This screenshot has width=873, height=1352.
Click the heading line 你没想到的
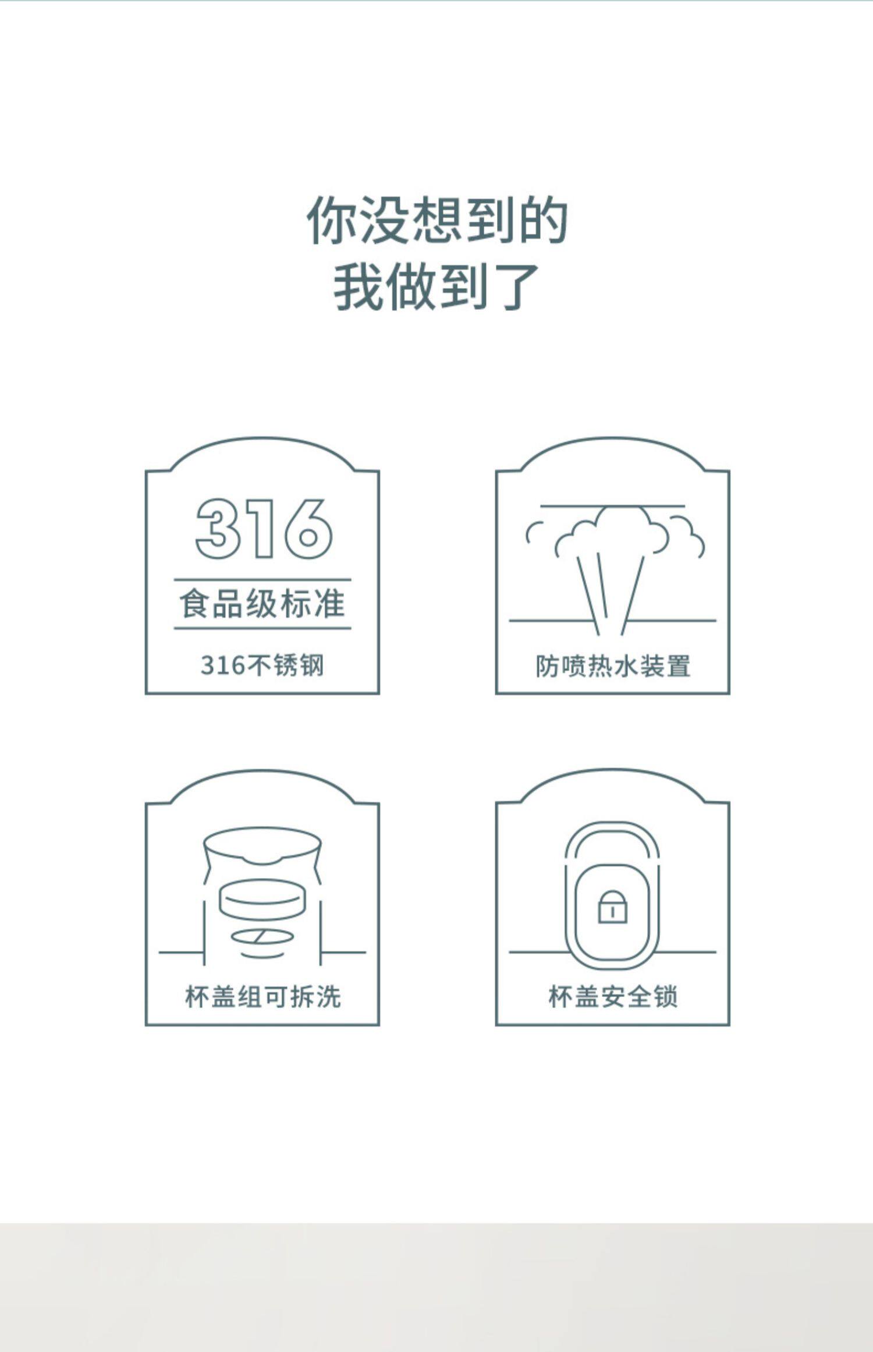pyautogui.click(x=436, y=220)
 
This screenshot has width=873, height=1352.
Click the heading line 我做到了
pyautogui.click(x=436, y=286)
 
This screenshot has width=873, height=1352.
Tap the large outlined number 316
pyautogui.click(x=263, y=529)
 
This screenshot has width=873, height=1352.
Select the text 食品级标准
pyautogui.click(x=262, y=604)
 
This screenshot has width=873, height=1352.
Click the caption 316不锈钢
pyautogui.click(x=262, y=665)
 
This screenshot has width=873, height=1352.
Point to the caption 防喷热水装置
pyautogui.click(x=613, y=666)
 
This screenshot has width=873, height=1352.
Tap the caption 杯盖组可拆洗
pyautogui.click(x=262, y=997)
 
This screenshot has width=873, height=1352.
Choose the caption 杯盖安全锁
pyautogui.click(x=613, y=997)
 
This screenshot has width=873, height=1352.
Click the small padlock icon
pyautogui.click(x=612, y=907)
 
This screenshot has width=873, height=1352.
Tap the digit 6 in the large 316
pyautogui.click(x=308, y=529)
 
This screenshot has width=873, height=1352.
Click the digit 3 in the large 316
pyautogui.click(x=218, y=529)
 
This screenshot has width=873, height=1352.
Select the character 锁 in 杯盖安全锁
pyautogui.click(x=665, y=997)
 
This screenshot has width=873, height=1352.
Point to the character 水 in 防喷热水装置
pyautogui.click(x=626, y=666)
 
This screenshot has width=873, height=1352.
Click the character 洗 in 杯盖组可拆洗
pyautogui.click(x=328, y=997)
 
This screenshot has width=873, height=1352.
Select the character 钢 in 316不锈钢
pyautogui.click(x=311, y=665)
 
